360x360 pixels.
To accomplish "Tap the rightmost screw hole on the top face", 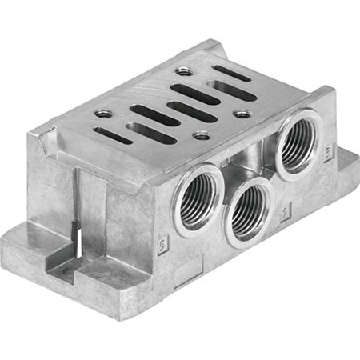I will (x=242, y=114).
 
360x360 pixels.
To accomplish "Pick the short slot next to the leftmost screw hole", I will (x=112, y=134).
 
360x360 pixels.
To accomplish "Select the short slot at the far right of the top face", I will (x=232, y=73).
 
